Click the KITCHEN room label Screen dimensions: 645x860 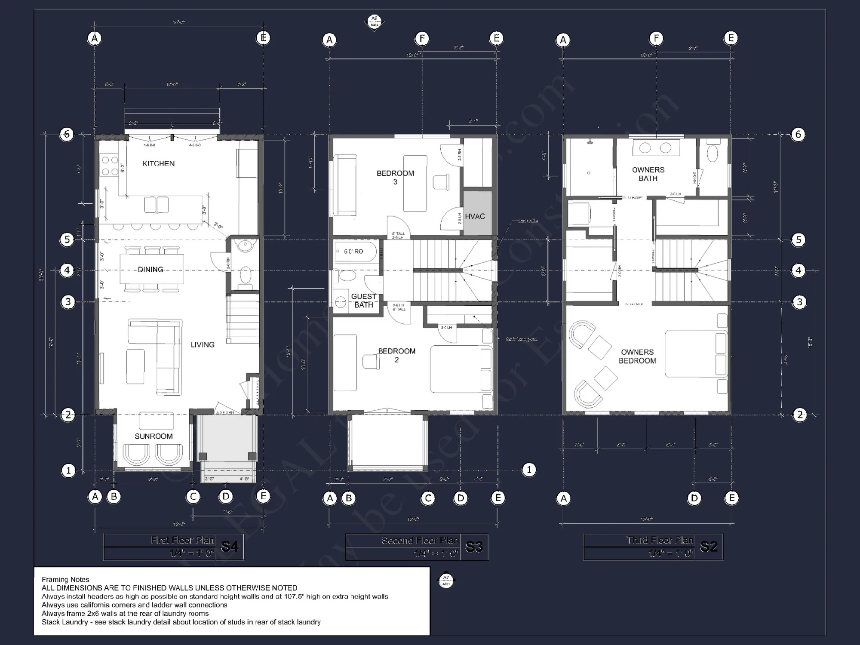pos(158,163)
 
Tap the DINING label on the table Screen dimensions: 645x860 pos(150,270)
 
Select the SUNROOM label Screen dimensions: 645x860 pos(154,436)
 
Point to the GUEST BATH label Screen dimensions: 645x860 pos(363,301)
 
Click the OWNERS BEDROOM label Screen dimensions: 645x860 pos(637,356)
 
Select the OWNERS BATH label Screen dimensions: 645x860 pos(648,174)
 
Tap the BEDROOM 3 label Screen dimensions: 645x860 pos(395,177)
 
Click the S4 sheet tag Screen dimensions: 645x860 pos(229,547)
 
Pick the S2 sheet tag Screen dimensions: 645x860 pos(709,547)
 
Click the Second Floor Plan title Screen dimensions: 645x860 pos(420,541)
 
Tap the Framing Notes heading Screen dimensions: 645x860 pos(65,580)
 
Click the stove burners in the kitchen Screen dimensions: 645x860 pos(109,166)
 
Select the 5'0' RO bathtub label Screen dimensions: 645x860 pos(353,252)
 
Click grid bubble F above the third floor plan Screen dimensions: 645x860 pos(656,38)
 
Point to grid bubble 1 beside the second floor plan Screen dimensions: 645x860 pos(529,470)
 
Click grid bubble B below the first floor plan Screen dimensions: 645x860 pos(114,497)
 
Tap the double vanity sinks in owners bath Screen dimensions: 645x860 pos(655,148)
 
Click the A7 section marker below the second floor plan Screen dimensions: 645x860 pos(446,580)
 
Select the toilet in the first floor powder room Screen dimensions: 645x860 pos(245,275)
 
